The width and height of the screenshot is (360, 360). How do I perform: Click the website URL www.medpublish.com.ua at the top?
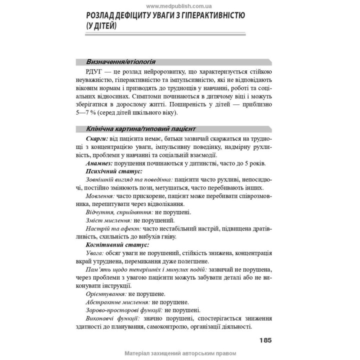click(x=179, y=5)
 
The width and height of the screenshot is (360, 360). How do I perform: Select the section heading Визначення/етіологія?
click(x=120, y=62)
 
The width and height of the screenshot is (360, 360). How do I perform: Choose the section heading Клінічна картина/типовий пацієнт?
click(x=141, y=128)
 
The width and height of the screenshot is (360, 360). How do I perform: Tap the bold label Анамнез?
click(x=99, y=163)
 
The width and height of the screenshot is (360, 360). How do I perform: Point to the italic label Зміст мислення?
click(x=108, y=220)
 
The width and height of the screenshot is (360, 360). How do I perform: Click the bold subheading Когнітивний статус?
click(x=117, y=245)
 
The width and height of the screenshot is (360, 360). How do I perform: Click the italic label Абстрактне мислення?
click(x=118, y=302)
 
